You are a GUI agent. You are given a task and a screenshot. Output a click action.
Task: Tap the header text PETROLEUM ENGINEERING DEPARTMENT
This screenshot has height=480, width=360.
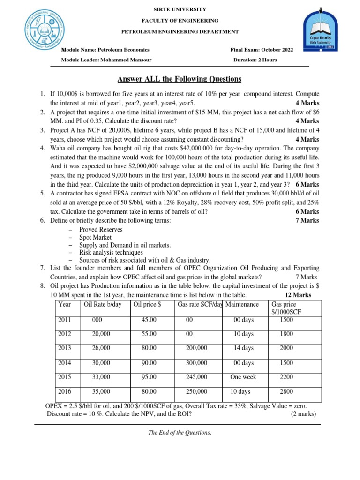click(x=180, y=31)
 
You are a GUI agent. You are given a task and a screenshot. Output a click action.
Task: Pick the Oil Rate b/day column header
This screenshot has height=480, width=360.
click(x=102, y=305)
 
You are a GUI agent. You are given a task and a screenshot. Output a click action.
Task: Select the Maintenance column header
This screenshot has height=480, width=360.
click(x=242, y=305)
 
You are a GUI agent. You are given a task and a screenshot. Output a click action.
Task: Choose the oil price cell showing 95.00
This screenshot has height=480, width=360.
click(x=149, y=377)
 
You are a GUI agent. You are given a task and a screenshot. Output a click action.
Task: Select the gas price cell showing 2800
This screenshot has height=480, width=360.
click(x=286, y=391)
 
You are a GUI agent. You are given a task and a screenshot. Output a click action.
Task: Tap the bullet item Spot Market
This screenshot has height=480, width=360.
click(x=96, y=238)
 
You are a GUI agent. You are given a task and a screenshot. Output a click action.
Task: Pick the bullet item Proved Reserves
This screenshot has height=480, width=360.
click(x=101, y=230)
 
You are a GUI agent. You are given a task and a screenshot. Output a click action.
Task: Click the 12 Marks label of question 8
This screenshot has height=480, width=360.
click(x=298, y=295)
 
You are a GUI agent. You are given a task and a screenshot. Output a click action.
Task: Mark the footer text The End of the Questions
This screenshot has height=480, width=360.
click(x=180, y=433)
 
